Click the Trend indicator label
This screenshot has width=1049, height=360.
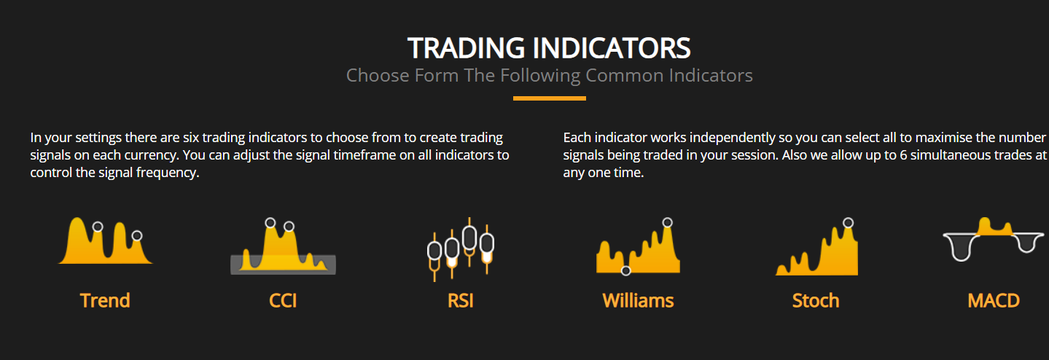point(105,300)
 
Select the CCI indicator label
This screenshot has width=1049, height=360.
point(283,300)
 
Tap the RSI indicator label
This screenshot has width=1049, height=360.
point(461,300)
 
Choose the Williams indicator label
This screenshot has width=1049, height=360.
point(639,300)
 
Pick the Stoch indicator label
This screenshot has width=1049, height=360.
point(816,300)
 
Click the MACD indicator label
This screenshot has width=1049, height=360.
point(994,300)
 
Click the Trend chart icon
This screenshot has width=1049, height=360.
point(106,241)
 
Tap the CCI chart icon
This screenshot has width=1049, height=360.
point(283,247)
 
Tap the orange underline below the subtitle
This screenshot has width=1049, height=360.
point(550,98)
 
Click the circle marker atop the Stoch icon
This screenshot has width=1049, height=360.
point(848,223)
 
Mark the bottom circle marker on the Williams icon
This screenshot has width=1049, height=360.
point(625,270)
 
